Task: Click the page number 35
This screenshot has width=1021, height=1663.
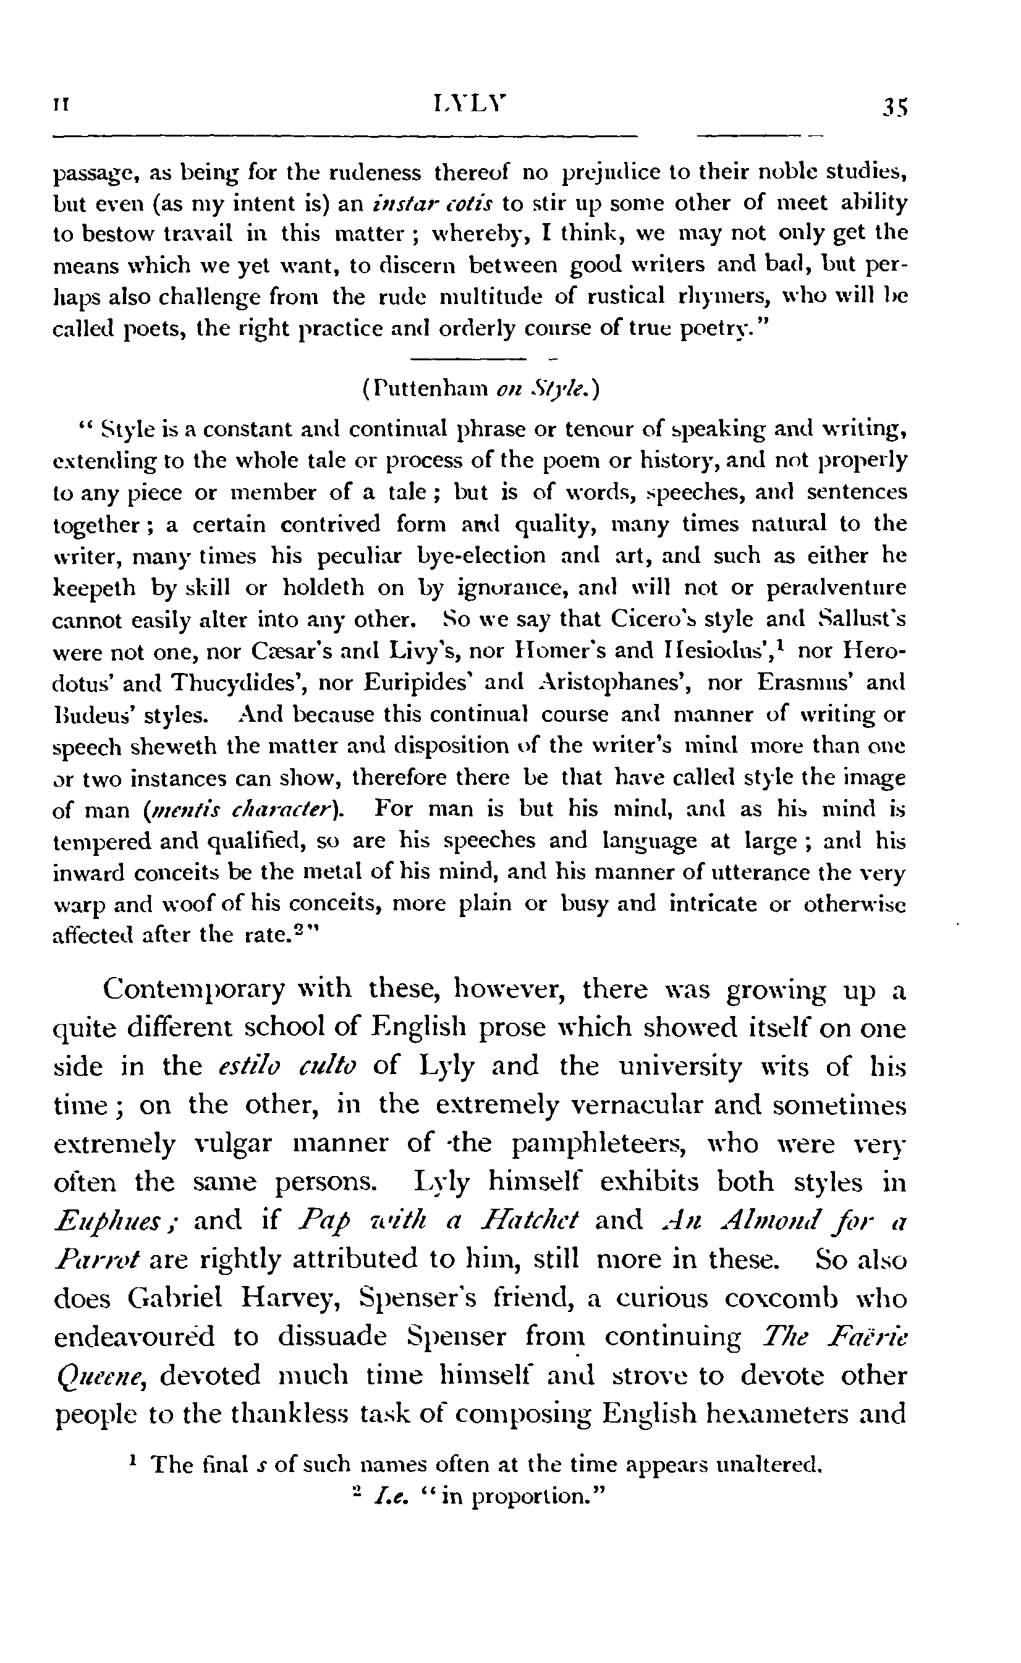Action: click(x=895, y=108)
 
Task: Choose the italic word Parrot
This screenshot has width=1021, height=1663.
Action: click(x=96, y=1259)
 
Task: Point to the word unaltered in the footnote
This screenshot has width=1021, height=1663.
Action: click(x=768, y=1465)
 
